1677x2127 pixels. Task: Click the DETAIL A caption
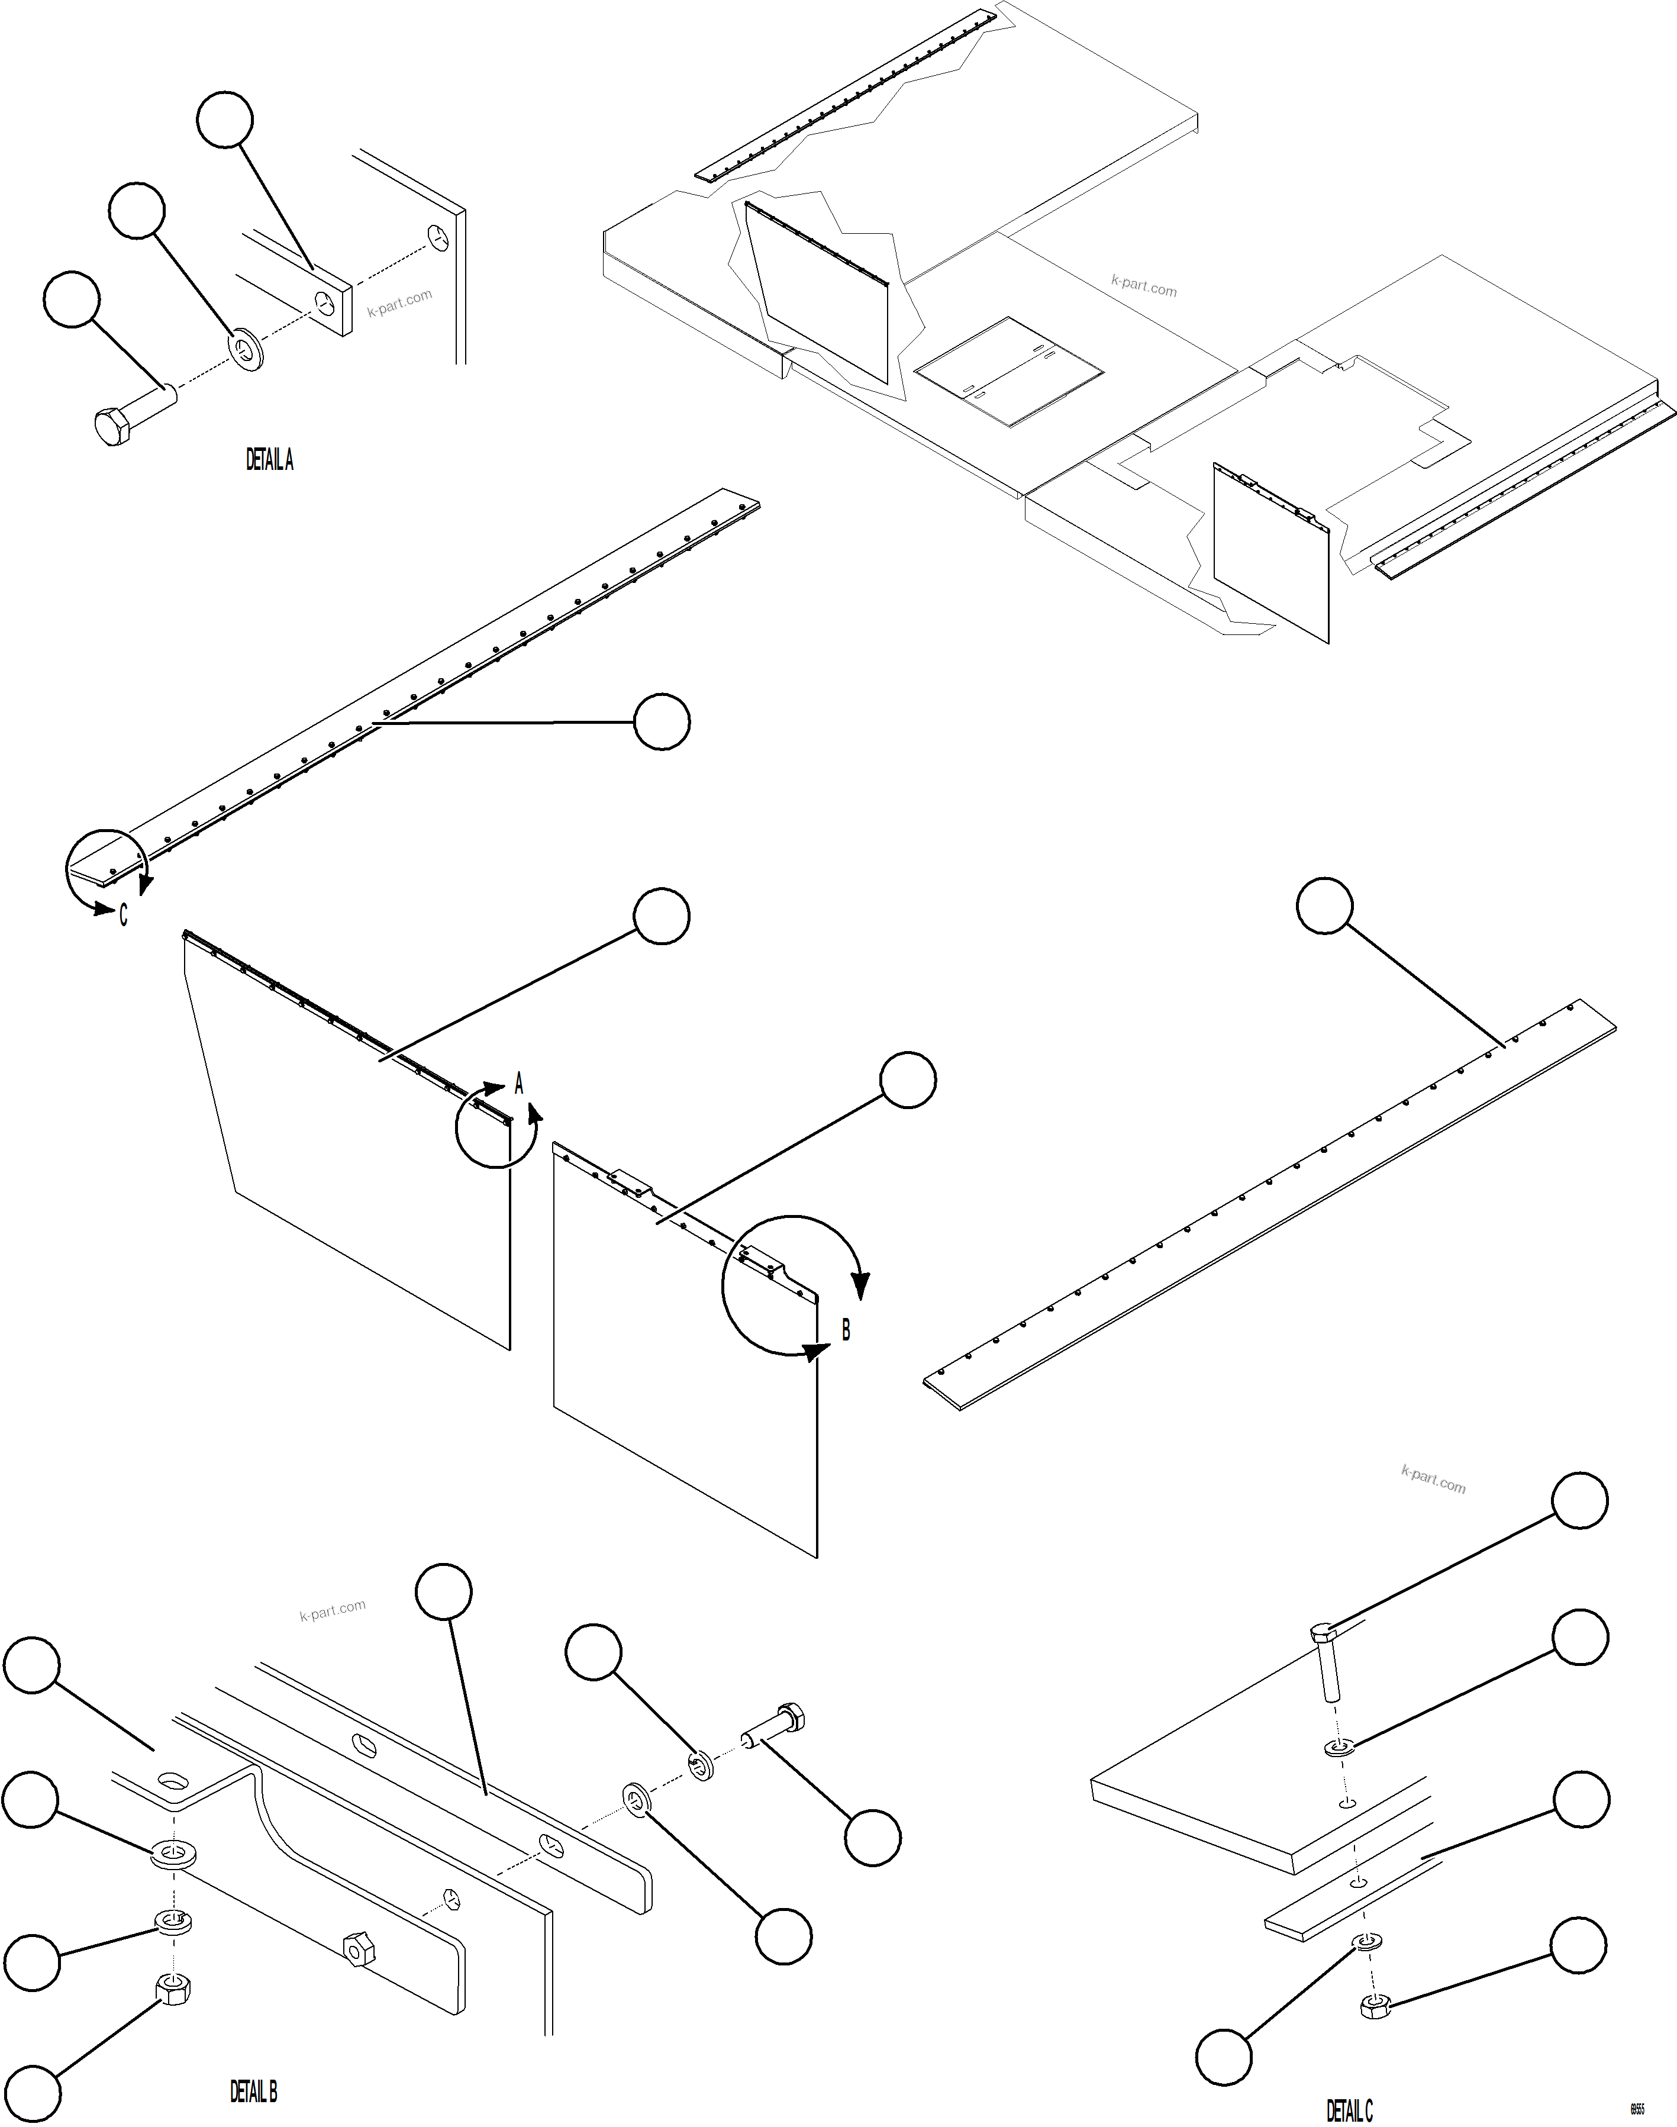(x=269, y=460)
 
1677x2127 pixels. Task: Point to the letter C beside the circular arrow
(x=122, y=915)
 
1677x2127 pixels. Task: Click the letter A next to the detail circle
(x=520, y=1084)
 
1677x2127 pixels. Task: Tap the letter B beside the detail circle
(x=846, y=1330)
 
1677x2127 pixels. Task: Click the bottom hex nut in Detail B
(x=173, y=1990)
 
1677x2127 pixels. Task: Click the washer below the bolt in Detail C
(x=1339, y=1748)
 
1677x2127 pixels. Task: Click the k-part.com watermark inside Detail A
(x=399, y=304)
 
